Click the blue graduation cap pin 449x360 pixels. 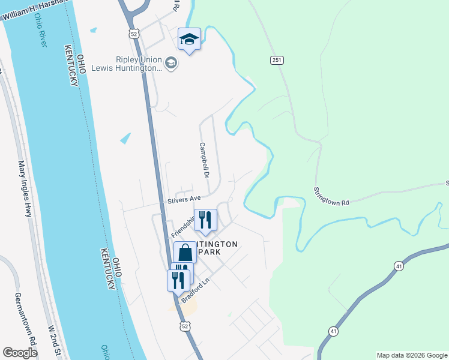[190, 40]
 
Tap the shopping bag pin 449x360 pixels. [185, 253]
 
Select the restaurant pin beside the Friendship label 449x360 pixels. [205, 220]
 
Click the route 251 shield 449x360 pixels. [277, 60]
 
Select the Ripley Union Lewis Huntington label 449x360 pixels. [139, 64]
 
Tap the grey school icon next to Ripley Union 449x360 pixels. [171, 62]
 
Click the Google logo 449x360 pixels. [20, 353]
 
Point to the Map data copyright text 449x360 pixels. [412, 355]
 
